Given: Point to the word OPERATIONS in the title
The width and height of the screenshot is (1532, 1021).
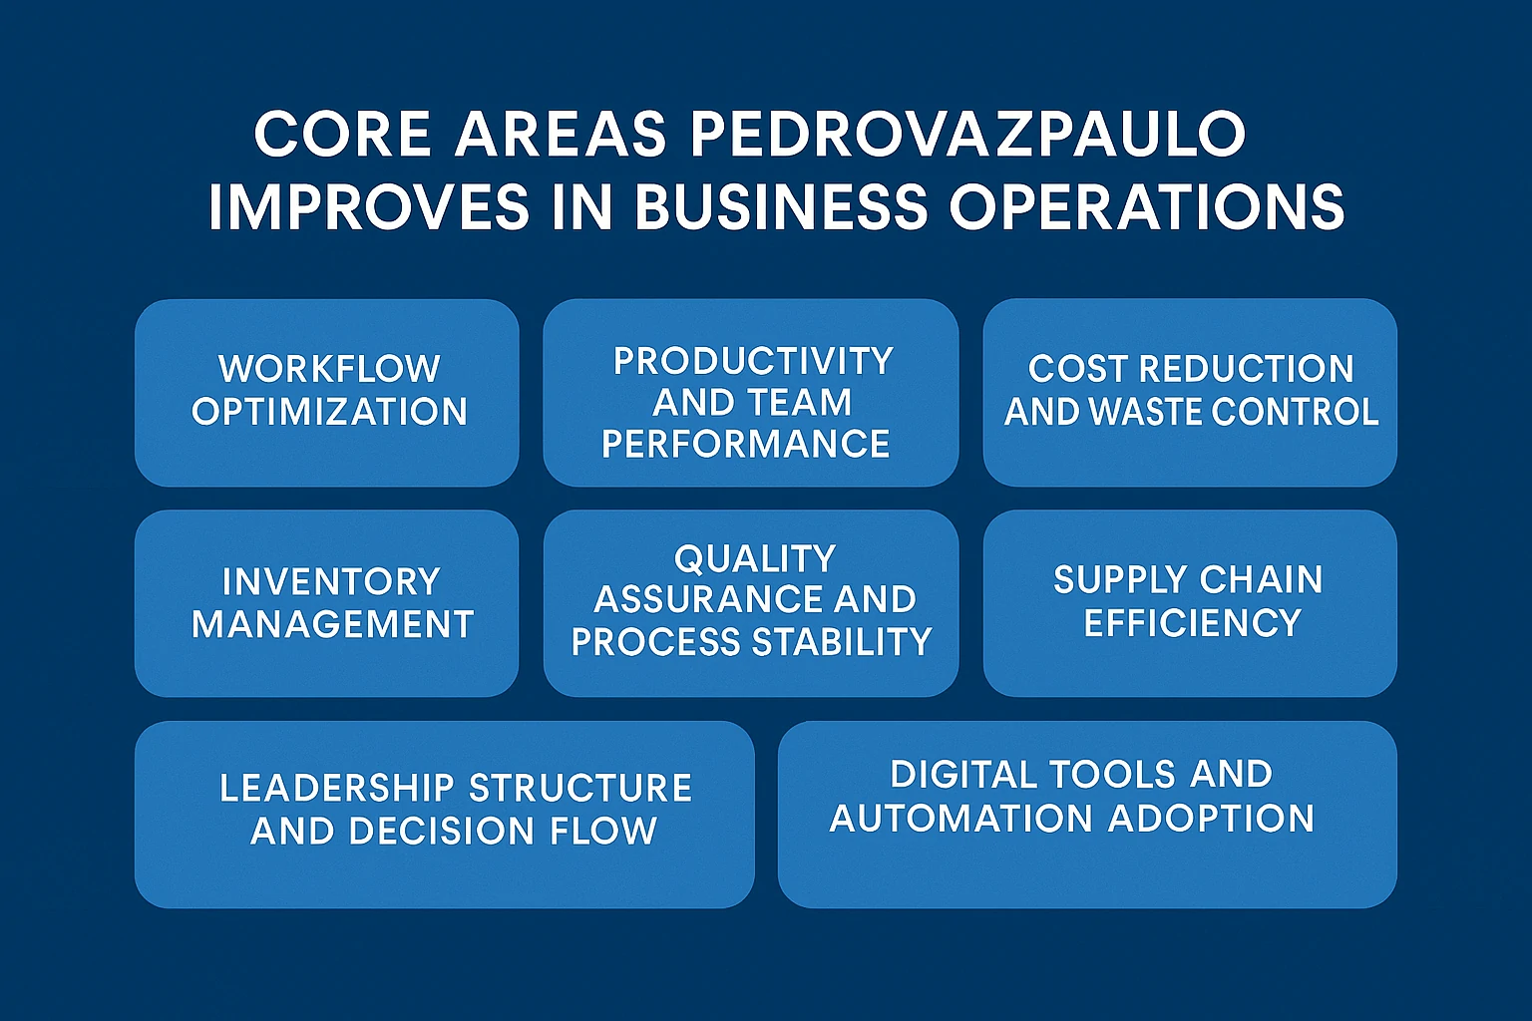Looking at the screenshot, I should pos(1146,206).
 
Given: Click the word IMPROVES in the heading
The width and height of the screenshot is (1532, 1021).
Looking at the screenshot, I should pos(368,206).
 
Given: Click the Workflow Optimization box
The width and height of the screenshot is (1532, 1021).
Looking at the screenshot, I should pos(327,392).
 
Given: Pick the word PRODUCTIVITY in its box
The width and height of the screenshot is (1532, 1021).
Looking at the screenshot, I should pos(753,360).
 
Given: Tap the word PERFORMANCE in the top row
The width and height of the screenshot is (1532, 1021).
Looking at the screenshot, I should pos(745,444).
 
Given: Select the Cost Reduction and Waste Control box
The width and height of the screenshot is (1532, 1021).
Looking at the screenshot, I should pos(1190,392).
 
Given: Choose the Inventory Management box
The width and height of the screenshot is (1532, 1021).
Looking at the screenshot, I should pos(327,602).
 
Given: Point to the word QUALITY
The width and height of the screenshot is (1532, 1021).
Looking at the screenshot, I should pos(755,558).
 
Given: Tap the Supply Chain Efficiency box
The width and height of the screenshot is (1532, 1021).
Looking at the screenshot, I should pos(1190,602).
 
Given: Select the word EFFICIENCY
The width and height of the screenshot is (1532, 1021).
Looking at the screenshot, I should pos(1192,623).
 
